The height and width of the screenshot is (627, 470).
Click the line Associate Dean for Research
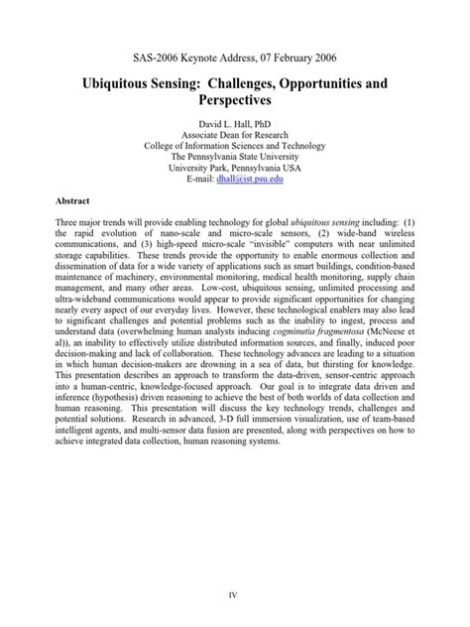(x=234, y=143)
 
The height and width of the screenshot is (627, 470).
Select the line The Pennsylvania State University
(x=234, y=156)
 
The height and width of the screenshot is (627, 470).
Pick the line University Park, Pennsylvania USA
(x=234, y=169)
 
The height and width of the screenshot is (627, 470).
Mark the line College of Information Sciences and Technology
(x=234, y=143)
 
